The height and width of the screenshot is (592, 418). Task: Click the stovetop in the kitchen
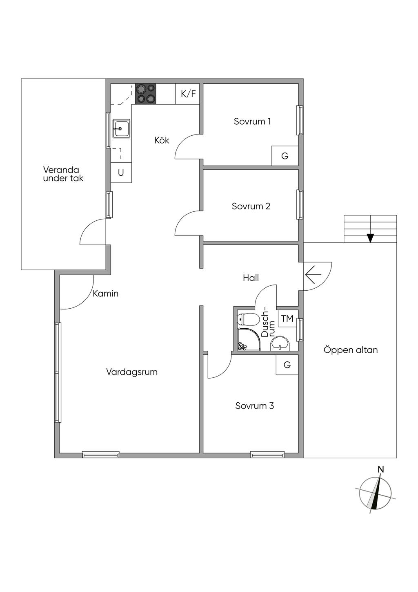click(x=145, y=94)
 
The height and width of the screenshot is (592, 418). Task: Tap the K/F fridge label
click(x=188, y=94)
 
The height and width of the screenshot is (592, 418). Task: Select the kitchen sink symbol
click(x=121, y=128)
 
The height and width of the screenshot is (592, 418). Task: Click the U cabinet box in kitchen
click(x=121, y=173)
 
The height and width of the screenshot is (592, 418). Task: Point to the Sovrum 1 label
click(x=252, y=121)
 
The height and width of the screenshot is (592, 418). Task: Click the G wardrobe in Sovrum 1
click(x=285, y=156)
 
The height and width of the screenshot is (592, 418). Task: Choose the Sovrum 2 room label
click(x=251, y=206)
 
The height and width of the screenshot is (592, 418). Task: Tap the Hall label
click(x=251, y=278)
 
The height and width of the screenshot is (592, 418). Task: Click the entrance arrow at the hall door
click(x=313, y=275)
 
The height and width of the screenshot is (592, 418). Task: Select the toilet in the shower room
click(x=247, y=320)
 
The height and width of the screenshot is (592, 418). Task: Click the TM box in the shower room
click(x=287, y=319)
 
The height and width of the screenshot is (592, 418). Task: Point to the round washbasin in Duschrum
click(x=280, y=343)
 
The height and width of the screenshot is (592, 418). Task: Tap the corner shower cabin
click(x=249, y=339)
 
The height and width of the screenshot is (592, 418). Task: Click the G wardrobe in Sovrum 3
click(x=287, y=365)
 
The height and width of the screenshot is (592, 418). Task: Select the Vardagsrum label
click(x=132, y=372)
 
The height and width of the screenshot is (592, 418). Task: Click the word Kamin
click(x=106, y=294)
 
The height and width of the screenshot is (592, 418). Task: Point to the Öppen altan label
click(x=351, y=350)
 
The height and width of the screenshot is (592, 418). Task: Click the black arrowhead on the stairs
click(x=371, y=238)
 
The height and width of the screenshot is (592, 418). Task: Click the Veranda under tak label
click(x=63, y=174)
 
